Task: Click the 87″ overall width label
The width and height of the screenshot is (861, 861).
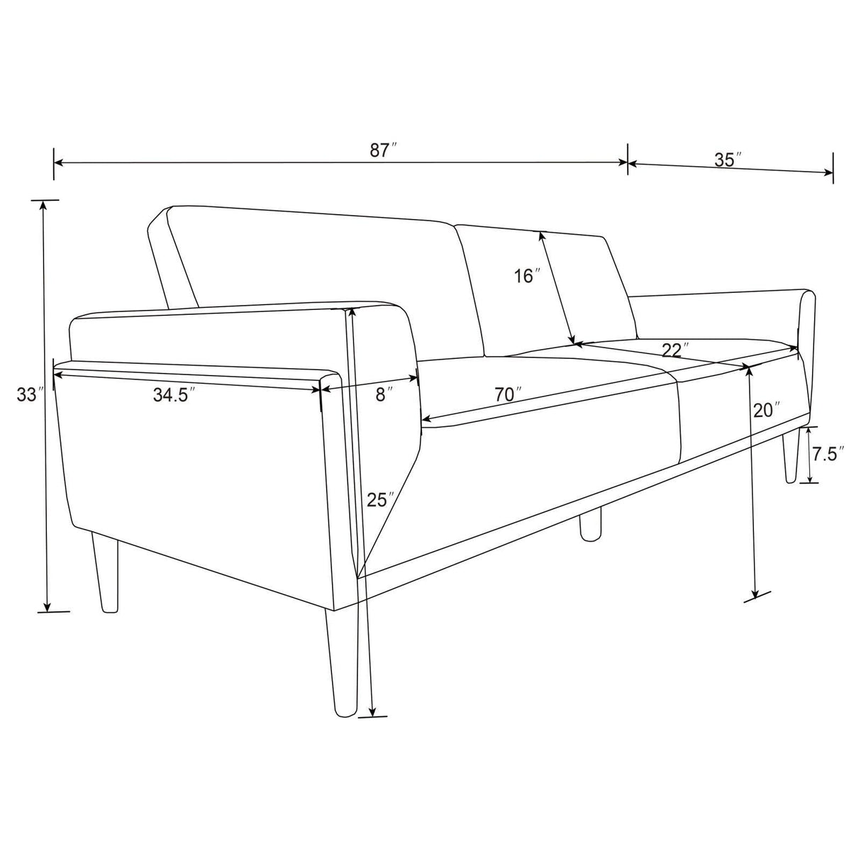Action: coord(383,150)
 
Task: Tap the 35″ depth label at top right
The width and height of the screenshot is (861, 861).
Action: coord(728,160)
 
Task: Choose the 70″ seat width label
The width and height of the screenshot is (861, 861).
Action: coord(509,395)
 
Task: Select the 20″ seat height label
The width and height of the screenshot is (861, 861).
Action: coord(767,411)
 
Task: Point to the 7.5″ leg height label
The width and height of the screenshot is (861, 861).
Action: coord(828,455)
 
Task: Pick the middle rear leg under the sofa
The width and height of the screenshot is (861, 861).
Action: coord(590,525)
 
